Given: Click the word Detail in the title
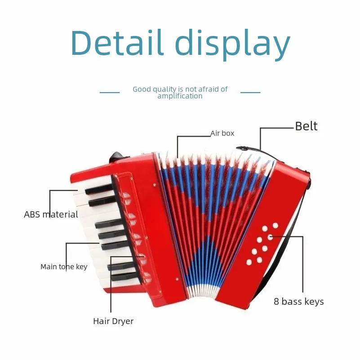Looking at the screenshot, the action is (117, 43).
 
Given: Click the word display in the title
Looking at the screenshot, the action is (232, 45).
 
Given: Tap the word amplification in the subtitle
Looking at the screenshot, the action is (180, 96).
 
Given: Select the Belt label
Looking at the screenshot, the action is (306, 126).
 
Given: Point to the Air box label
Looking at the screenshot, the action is (222, 133).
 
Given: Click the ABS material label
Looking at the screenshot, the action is (51, 214).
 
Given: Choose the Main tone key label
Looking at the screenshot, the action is (64, 267).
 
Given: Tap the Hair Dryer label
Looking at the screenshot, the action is (113, 321).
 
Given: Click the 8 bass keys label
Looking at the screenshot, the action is (299, 302).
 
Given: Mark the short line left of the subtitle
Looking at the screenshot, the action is (110, 93).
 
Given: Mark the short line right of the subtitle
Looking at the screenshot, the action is (250, 93).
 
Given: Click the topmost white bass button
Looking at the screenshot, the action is (275, 226).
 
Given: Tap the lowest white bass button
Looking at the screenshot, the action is (249, 262).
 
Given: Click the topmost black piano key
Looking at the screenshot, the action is (99, 189).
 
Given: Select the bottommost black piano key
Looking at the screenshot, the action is (124, 276).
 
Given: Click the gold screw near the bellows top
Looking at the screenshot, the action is (155, 185).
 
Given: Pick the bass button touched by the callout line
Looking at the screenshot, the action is (270, 237).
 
